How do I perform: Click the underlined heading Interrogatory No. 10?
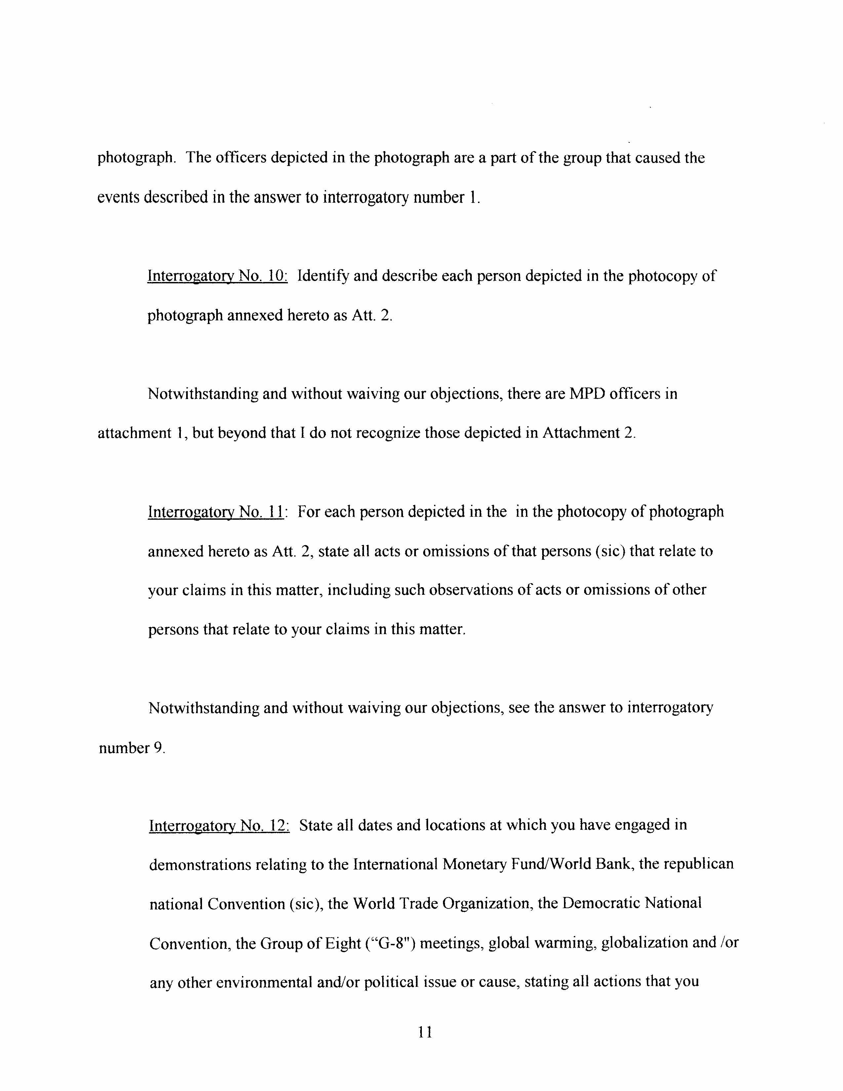coord(217,276)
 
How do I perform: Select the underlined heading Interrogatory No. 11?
coord(216,512)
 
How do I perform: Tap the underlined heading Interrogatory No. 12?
coord(219,825)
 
